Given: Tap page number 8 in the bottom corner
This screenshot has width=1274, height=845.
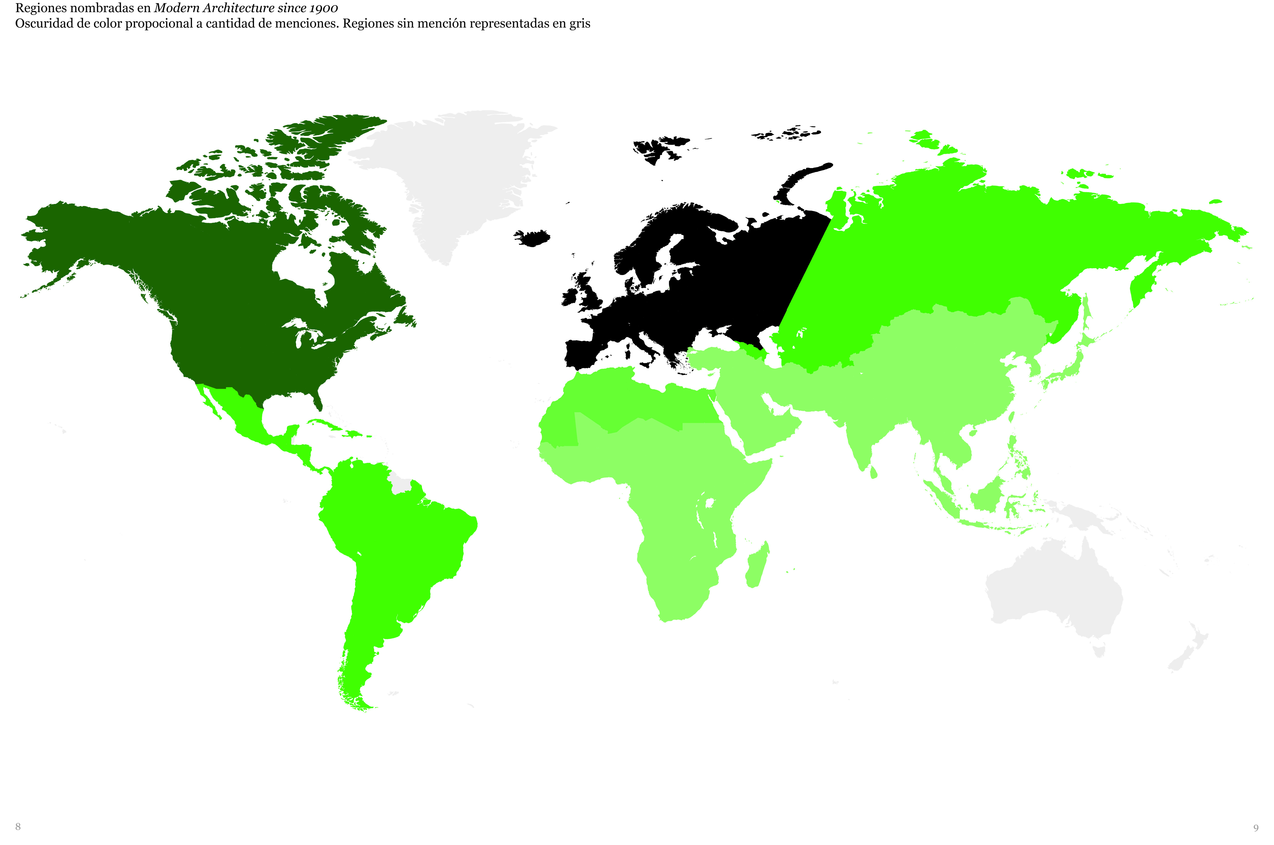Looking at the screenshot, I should coord(18,827).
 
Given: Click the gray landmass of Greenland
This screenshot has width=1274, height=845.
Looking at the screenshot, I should coord(458,172).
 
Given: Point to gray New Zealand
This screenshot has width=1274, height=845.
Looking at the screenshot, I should coord(1186,652).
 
